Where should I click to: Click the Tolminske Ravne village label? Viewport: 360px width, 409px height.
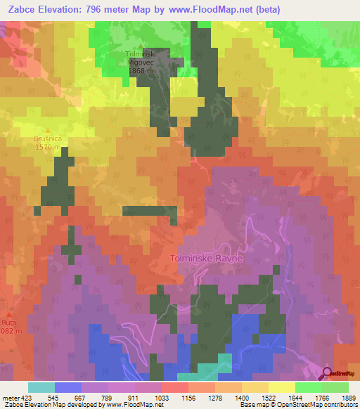[206, 258]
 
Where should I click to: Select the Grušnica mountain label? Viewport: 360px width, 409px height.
[48, 139]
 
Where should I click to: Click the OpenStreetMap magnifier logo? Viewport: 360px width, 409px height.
[328, 373]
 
